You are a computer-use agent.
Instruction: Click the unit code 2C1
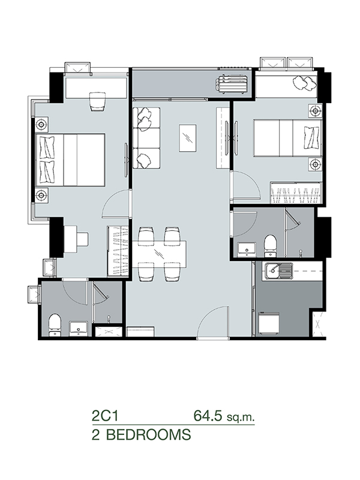[105, 416]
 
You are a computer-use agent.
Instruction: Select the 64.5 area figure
[208, 416]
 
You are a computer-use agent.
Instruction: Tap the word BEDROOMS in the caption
[148, 434]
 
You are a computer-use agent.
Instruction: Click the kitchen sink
[279, 271]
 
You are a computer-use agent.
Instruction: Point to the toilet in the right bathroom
[270, 245]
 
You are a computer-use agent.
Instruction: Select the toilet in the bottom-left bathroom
[55, 325]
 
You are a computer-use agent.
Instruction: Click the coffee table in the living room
[187, 137]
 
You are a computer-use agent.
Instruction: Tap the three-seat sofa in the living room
[146, 138]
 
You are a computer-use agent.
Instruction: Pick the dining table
[159, 254]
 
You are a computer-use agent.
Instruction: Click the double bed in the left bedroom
[70, 160]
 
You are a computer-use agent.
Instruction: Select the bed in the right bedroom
[287, 138]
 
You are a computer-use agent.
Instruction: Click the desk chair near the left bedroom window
[98, 102]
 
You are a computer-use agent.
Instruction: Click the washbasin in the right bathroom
[247, 248]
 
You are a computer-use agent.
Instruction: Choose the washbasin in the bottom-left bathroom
[79, 328]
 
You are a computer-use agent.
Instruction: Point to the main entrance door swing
[213, 322]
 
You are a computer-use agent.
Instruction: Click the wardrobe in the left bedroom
[118, 251]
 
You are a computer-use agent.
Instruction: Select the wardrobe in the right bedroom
[296, 193]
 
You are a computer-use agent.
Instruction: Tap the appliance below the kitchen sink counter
[269, 323]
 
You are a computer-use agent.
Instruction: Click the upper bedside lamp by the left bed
[41, 124]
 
